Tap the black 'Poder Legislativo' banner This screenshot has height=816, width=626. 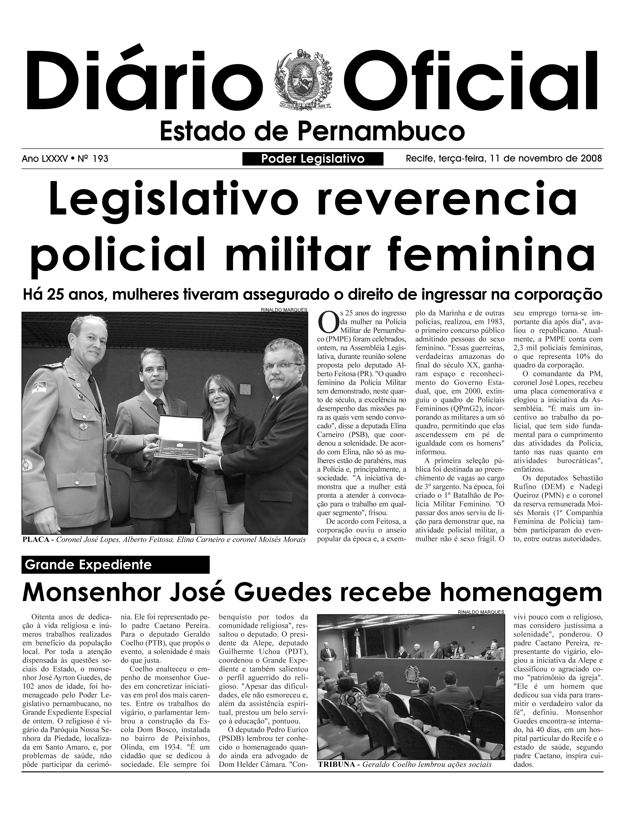click(313, 159)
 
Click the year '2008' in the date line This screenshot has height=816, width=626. click(591, 159)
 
